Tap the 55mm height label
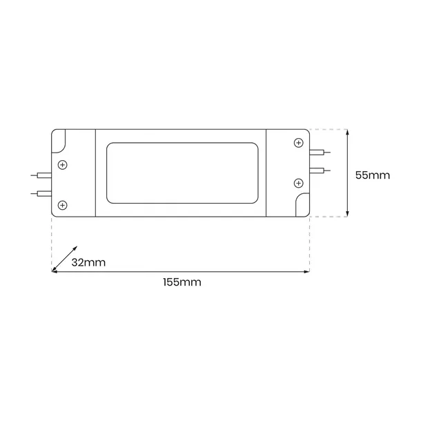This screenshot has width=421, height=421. (x=372, y=175)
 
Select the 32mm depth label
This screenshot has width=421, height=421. (x=89, y=262)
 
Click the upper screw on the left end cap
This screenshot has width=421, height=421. (x=63, y=164)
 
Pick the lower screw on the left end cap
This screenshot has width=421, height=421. (x=63, y=205)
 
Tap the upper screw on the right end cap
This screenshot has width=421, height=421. (x=298, y=142)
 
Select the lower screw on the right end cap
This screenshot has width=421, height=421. (x=298, y=183)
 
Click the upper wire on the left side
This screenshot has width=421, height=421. (x=41, y=176)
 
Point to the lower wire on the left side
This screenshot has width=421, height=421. (x=41, y=193)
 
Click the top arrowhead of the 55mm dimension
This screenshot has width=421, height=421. (x=347, y=132)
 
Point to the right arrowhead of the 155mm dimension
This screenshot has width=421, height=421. (x=306, y=271)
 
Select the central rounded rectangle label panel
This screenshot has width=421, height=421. (x=182, y=173)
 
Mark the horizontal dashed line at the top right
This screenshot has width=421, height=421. (x=327, y=129)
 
